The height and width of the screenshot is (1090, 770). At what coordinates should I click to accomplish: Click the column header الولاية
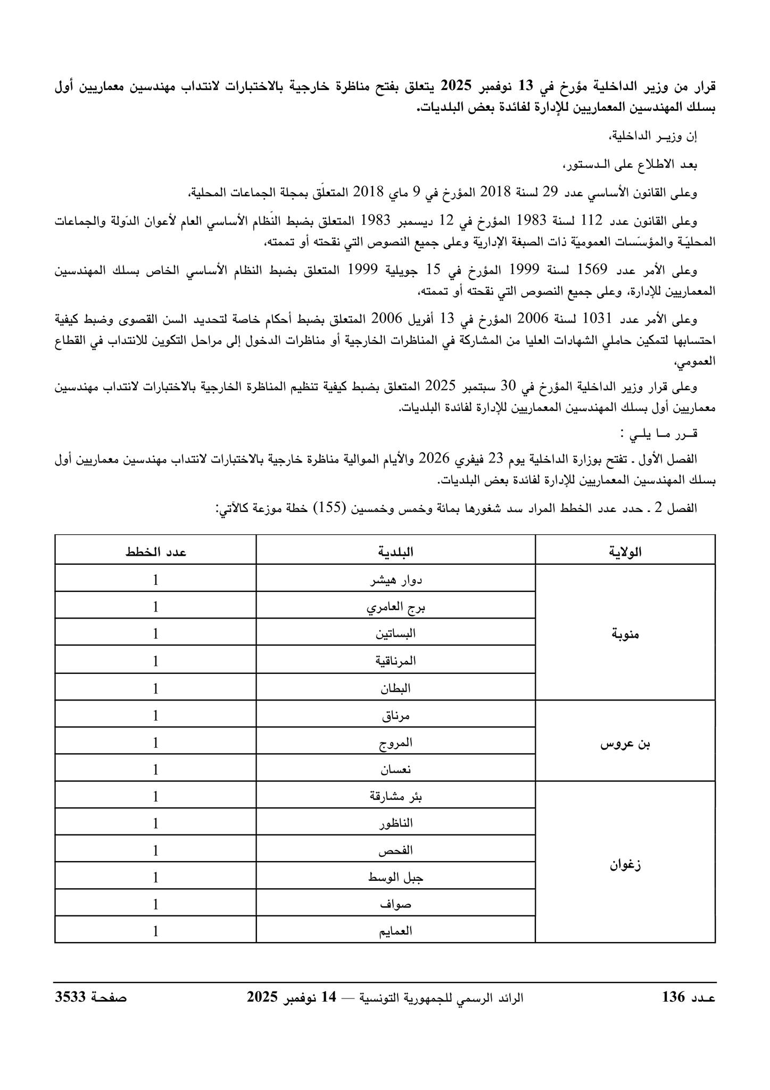click(625, 552)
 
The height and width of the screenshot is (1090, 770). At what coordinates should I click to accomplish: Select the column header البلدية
click(396, 552)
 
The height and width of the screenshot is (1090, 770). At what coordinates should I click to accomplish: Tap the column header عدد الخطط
click(155, 552)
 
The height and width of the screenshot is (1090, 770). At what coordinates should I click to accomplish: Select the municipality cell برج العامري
click(396, 607)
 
